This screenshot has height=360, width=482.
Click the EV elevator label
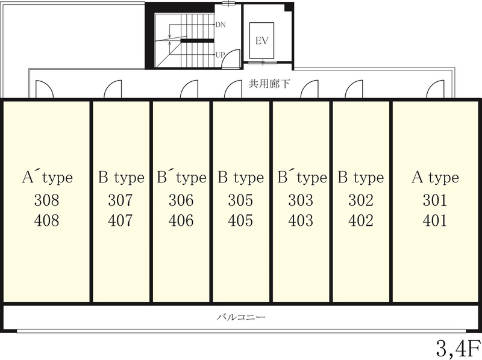click(262, 40)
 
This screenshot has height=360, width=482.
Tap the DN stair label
click(221, 25)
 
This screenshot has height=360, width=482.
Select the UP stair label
click(220, 55)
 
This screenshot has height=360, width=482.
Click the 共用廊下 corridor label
click(269, 84)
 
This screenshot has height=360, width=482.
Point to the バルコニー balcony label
click(240, 317)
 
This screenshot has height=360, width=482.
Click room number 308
click(46, 200)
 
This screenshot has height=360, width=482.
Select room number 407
click(120, 220)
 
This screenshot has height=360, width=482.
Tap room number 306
click(181, 200)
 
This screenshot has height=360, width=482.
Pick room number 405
click(240, 220)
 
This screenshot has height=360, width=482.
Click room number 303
click(301, 200)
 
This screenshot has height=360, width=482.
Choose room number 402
click(361, 220)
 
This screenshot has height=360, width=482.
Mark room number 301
click(434, 200)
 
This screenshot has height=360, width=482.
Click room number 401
click(434, 220)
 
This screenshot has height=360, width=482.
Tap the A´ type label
click(48, 177)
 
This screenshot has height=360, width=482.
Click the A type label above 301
click(435, 178)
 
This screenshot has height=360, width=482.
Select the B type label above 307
click(121, 178)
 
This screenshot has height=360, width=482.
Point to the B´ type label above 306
click(181, 177)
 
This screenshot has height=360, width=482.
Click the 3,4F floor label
click(458, 348)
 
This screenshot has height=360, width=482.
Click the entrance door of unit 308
click(45, 89)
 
